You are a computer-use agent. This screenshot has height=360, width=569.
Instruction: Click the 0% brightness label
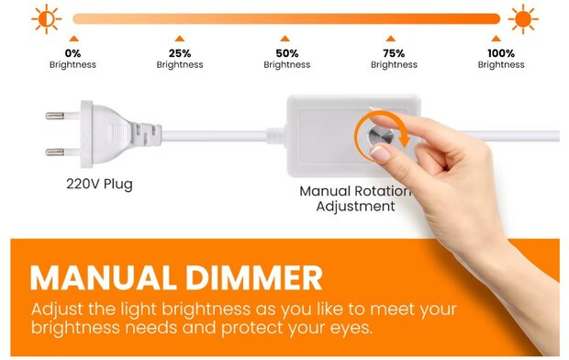click(73, 59)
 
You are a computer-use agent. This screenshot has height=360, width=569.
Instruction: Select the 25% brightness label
click(180, 59)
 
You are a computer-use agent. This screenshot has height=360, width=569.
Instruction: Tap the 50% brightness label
click(286, 59)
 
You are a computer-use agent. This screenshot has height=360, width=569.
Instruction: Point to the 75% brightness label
click(394, 59)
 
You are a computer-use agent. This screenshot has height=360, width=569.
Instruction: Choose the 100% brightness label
click(501, 59)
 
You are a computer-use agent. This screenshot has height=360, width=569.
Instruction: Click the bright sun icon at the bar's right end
click(523, 17)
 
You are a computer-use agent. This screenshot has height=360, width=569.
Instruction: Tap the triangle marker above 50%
click(285, 39)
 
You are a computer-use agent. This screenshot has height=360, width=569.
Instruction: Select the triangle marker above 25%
click(179, 39)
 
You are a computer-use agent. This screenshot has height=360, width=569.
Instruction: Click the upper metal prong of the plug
click(57, 117)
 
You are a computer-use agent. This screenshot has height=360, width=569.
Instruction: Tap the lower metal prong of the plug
click(57, 150)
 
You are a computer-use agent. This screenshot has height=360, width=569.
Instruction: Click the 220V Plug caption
click(99, 184)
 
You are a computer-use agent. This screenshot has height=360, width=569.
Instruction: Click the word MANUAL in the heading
click(110, 278)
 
